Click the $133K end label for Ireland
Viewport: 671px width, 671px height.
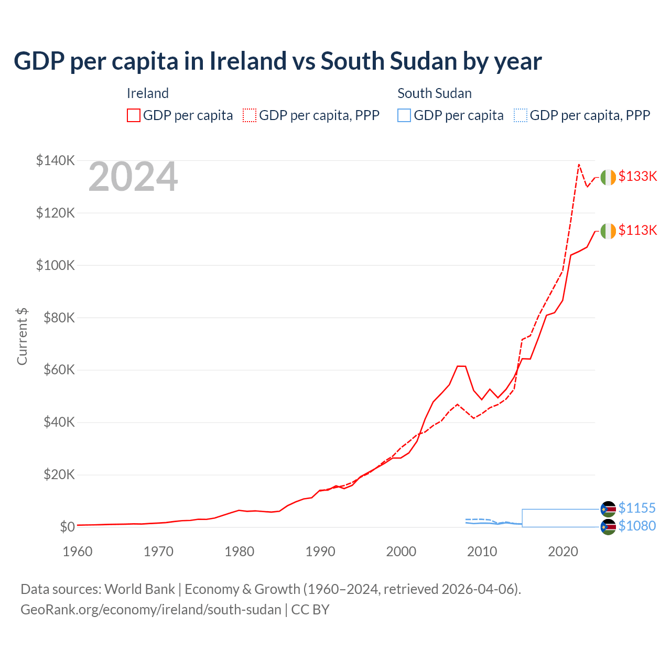(x=637, y=177)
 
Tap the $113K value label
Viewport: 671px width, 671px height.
(x=637, y=231)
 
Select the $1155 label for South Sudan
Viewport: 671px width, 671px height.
(x=637, y=508)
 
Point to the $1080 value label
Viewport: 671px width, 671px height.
(x=637, y=526)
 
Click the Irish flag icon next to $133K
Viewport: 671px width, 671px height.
(x=608, y=178)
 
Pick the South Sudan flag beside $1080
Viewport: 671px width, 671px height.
(x=608, y=527)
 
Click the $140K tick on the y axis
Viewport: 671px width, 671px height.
(x=55, y=161)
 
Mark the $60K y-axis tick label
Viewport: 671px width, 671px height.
(x=58, y=370)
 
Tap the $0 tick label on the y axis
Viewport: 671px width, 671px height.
(x=67, y=527)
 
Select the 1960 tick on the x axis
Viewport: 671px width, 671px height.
(x=78, y=552)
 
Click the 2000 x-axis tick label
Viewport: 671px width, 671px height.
(x=401, y=552)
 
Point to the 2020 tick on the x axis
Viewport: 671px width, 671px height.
(x=563, y=552)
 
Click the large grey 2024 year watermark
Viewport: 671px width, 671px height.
(x=133, y=177)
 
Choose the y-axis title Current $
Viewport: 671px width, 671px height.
(x=22, y=337)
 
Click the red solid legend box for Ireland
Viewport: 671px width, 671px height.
(x=134, y=115)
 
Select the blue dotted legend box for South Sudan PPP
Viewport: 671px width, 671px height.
(x=521, y=115)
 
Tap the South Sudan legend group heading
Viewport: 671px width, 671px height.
(x=435, y=93)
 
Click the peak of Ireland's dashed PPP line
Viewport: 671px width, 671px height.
(x=579, y=164)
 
